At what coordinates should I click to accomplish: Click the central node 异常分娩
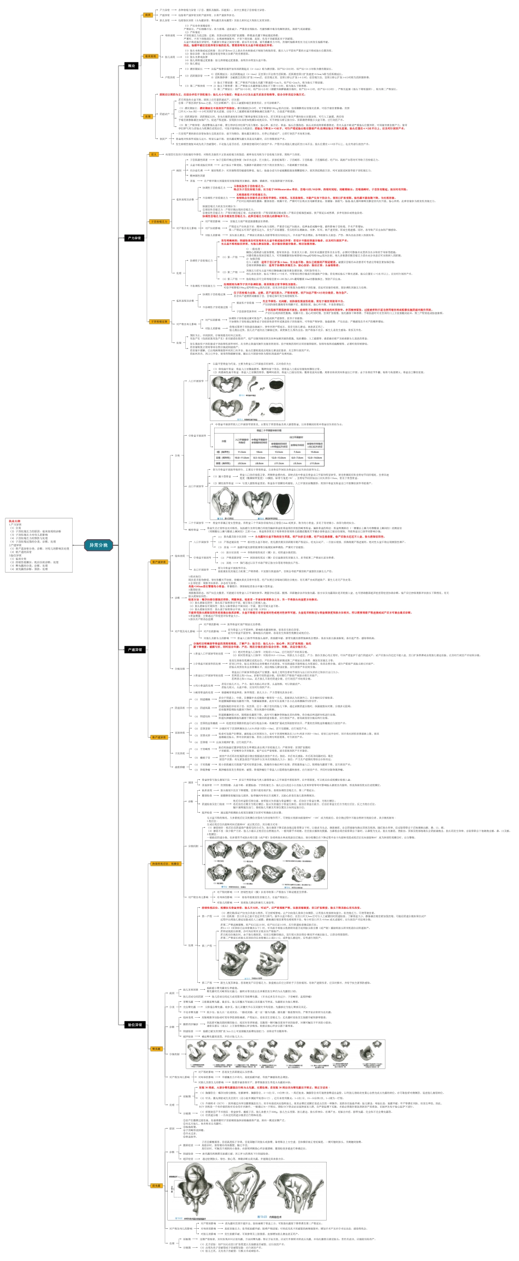pos(99,545)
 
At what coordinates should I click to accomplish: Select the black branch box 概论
pos(132,66)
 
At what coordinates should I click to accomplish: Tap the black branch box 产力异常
pos(134,238)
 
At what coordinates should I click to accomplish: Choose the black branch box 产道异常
pos(134,650)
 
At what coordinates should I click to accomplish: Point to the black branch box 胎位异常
pos(134,1024)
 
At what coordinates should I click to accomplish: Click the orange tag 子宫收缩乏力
pos(159,221)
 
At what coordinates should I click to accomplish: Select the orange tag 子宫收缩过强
pos(159,322)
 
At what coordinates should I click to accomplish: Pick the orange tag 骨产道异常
pos(159,562)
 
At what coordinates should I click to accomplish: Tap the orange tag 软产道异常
pos(159,737)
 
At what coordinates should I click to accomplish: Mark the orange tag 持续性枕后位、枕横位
pos(165,863)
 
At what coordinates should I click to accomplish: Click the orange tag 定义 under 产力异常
pos(154,155)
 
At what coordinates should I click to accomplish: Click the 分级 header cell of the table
pos(223,441)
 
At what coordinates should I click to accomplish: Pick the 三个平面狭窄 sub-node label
pos(196,523)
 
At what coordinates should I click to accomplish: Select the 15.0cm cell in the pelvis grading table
pos(315,452)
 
